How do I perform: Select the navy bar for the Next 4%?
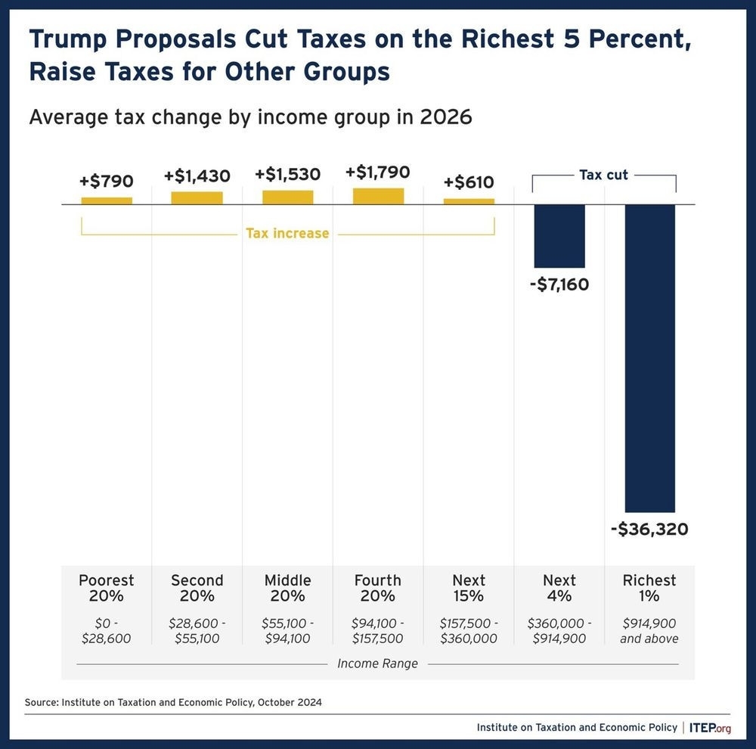pyautogui.click(x=559, y=236)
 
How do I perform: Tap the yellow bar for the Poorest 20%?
pyautogui.click(x=107, y=200)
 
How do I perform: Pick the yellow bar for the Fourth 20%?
pyautogui.click(x=378, y=196)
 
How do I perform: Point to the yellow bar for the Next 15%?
pyautogui.click(x=469, y=201)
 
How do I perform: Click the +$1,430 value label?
pyautogui.click(x=197, y=176)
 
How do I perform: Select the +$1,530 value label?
pyautogui.click(x=287, y=174)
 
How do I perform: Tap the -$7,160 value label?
pyautogui.click(x=559, y=285)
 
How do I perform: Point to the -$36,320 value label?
pyautogui.click(x=649, y=530)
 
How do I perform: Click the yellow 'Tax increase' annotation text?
pyautogui.click(x=287, y=233)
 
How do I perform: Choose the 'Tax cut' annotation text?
pyautogui.click(x=603, y=175)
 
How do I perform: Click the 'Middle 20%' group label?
pyautogui.click(x=287, y=588)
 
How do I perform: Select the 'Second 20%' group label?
pyautogui.click(x=197, y=588)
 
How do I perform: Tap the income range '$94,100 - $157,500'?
pyautogui.click(x=378, y=631)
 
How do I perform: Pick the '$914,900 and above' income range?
pyautogui.click(x=649, y=631)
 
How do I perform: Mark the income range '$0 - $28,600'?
pyautogui.click(x=107, y=631)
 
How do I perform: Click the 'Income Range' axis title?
pyautogui.click(x=377, y=664)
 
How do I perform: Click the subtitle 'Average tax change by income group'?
pyautogui.click(x=249, y=117)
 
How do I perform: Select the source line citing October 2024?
pyautogui.click(x=173, y=702)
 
